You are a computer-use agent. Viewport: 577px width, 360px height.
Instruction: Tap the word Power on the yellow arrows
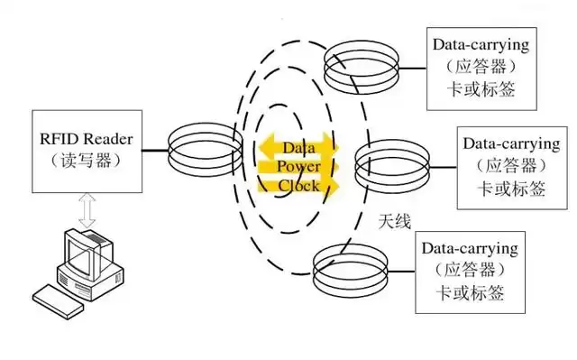click(298, 166)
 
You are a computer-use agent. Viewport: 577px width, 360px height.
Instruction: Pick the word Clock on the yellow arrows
click(298, 185)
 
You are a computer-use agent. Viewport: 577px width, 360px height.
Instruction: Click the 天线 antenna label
click(394, 219)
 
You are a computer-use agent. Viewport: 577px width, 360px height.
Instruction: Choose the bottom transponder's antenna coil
click(350, 268)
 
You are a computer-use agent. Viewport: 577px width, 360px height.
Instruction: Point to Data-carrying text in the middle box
click(510, 143)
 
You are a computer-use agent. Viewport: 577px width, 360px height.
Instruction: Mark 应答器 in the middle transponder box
click(510, 165)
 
